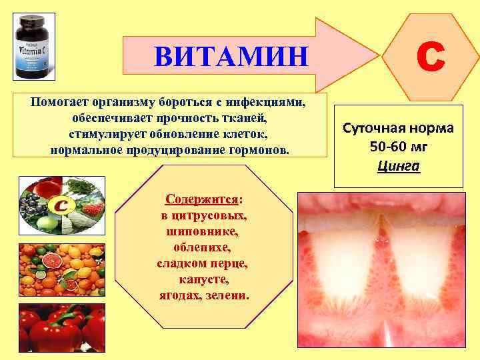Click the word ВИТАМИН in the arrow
(x=231, y=56)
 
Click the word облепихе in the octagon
(x=203, y=247)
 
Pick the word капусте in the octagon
(x=203, y=279)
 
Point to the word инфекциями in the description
(x=266, y=103)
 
